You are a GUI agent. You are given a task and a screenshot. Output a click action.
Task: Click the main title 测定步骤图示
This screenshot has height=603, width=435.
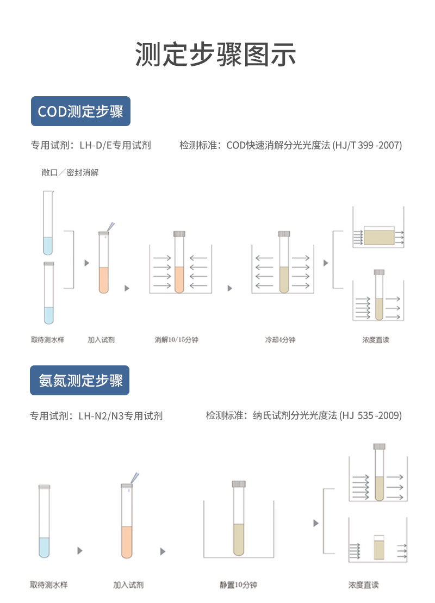[215, 54]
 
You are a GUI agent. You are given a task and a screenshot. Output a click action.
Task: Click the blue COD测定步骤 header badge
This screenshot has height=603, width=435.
[81, 111]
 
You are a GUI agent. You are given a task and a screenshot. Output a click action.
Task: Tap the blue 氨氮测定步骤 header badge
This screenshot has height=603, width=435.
[79, 380]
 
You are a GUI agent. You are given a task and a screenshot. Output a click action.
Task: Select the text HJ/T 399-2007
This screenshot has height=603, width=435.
[368, 145]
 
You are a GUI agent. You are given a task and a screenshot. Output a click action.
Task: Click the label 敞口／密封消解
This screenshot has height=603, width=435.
[70, 172]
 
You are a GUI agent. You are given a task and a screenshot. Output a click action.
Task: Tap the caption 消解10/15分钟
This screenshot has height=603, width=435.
[177, 340]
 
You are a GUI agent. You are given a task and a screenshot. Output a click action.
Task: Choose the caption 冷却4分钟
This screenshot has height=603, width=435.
[280, 340]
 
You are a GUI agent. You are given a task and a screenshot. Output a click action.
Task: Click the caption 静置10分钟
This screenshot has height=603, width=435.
[239, 585]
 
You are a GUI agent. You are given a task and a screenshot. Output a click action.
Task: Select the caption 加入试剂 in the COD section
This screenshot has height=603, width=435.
[101, 340]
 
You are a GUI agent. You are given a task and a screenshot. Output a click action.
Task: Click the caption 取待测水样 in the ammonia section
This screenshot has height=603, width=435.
[49, 585]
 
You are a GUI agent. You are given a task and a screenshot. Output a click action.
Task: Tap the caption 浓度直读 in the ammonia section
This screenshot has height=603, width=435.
[363, 585]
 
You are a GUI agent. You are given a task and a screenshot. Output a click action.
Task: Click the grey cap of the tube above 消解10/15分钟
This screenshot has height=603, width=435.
[179, 234]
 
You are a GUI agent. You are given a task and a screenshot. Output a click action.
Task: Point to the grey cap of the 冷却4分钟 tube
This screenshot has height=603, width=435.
[284, 234]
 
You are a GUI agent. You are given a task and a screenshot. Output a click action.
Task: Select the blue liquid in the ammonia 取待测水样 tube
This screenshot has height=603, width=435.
[44, 548]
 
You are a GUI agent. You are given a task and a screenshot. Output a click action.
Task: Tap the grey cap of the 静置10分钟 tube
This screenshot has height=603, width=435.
[239, 484]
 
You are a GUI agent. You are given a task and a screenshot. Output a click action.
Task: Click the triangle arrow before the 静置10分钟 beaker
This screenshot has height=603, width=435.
[163, 551]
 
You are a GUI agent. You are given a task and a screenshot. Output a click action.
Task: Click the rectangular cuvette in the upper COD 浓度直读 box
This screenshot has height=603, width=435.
[379, 236]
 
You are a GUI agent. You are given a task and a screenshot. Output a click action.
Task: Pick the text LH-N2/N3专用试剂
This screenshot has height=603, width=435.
[121, 416]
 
